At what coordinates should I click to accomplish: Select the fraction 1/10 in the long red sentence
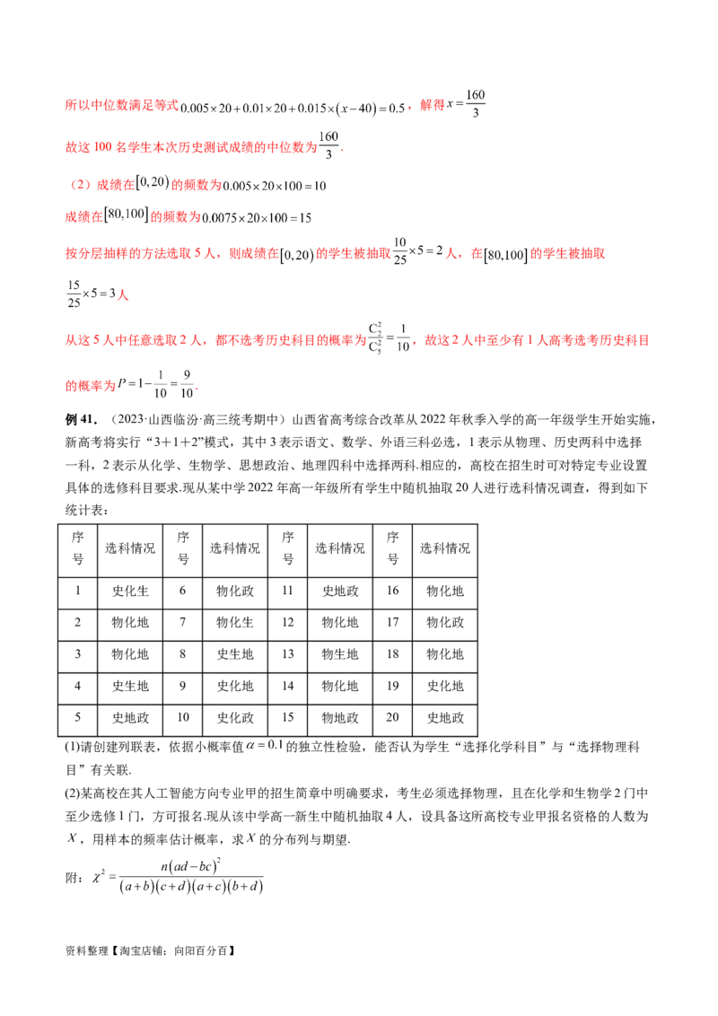pyautogui.click(x=405, y=342)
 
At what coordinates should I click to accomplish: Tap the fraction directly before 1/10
pyautogui.click(x=381, y=342)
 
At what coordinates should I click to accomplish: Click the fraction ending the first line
pyautogui.click(x=479, y=106)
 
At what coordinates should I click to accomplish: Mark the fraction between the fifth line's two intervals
pyautogui.click(x=408, y=255)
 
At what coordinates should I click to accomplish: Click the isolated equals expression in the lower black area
pyautogui.click(x=261, y=748)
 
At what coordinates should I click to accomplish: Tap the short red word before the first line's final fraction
pyautogui.click(x=433, y=106)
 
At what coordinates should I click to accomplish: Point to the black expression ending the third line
pyautogui.click(x=276, y=187)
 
